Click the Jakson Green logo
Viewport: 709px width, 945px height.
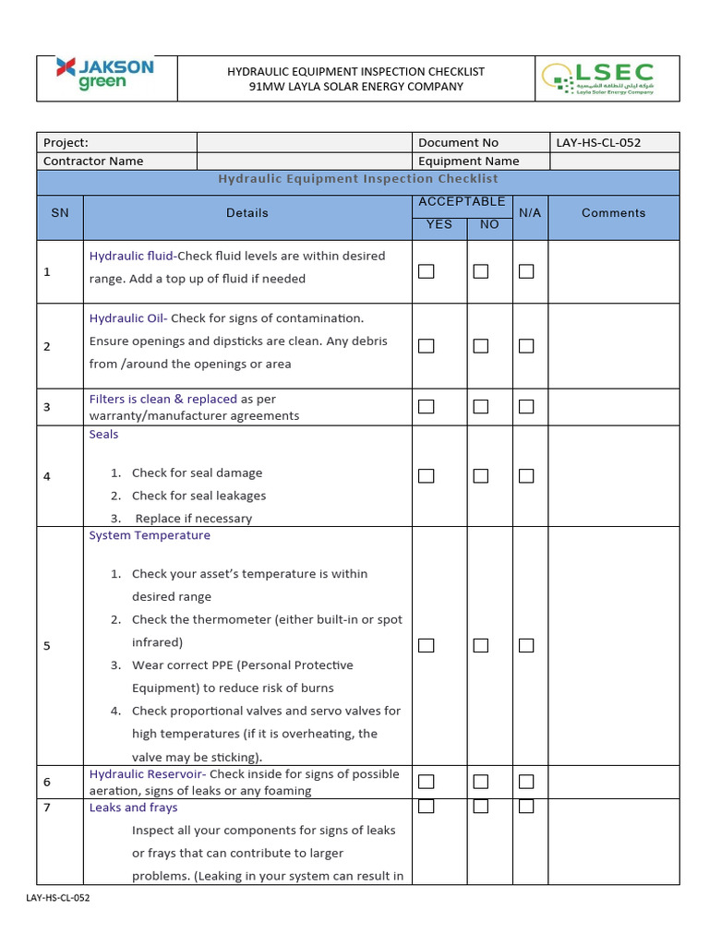coord(104,74)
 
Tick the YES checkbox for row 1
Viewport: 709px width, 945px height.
coord(426,271)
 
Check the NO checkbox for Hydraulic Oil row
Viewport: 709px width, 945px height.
coord(480,346)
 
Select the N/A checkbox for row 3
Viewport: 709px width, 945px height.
coord(526,406)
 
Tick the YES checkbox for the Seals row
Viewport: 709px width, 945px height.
coord(426,476)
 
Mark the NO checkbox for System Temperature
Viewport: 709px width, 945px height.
coord(480,645)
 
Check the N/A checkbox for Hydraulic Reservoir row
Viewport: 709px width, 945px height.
coord(526,782)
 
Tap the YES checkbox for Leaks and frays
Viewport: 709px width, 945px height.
coord(426,807)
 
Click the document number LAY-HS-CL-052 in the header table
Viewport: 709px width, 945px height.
coord(598,142)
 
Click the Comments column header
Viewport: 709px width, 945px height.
coord(613,212)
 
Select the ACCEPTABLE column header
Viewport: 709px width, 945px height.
coord(462,201)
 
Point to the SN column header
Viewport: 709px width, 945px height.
coord(60,212)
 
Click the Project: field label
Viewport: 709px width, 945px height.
coord(66,142)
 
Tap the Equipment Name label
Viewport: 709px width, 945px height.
coord(468,161)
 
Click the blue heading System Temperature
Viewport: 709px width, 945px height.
coord(150,535)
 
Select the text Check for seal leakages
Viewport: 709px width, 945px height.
coord(198,496)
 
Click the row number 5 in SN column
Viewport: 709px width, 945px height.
coord(47,645)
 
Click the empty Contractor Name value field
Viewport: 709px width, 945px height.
coord(304,161)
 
